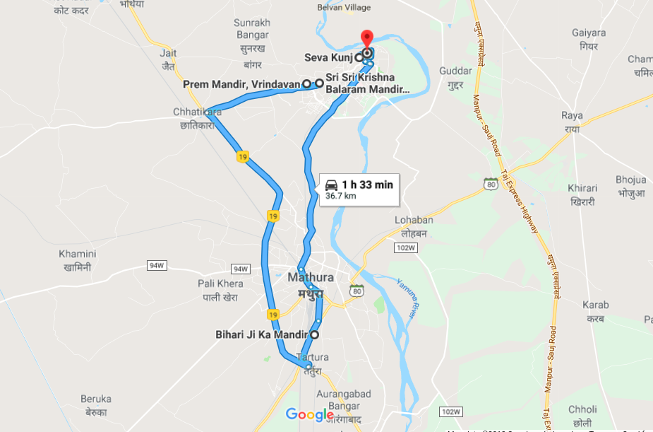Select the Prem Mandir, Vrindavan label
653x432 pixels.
[242, 84]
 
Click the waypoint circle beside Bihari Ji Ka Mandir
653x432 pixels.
[314, 334]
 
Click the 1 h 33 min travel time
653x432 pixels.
[367, 185]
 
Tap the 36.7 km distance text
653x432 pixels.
[340, 197]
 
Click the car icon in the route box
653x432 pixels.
[331, 185]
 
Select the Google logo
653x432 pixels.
[309, 414]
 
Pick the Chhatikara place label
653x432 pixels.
[198, 112]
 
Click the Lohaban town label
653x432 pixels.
[414, 220]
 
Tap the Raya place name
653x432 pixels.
[572, 115]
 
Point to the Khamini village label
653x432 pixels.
[78, 254]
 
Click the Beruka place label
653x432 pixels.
[96, 399]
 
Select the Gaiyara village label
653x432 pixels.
[589, 33]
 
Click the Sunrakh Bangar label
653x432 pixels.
[252, 28]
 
